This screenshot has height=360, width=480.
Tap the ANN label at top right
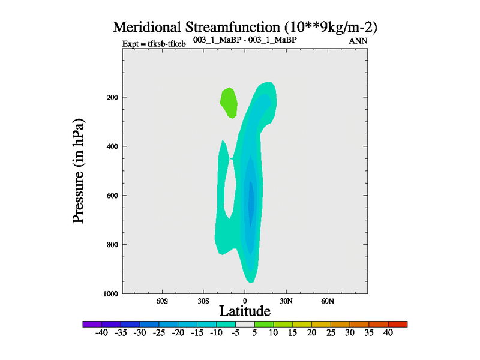(x=358, y=41)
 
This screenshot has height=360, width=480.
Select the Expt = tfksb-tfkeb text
(x=154, y=44)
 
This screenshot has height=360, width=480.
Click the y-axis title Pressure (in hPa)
(x=79, y=172)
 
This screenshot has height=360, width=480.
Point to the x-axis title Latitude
(x=245, y=311)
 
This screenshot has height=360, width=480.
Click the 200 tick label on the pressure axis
(x=112, y=97)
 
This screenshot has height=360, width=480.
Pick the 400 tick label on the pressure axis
(x=112, y=146)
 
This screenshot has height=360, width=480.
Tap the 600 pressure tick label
(x=112, y=196)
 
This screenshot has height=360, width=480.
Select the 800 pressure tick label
(x=112, y=245)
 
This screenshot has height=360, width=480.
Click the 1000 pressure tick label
(x=110, y=293)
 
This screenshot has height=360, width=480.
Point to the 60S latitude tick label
(x=162, y=301)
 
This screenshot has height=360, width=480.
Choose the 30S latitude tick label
(x=203, y=301)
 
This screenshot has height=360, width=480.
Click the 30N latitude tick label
(x=286, y=301)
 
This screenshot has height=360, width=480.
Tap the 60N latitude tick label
(x=328, y=301)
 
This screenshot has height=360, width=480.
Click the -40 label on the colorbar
(x=101, y=333)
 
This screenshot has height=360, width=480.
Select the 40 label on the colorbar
(x=388, y=333)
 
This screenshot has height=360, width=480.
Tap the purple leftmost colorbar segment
(x=92, y=324)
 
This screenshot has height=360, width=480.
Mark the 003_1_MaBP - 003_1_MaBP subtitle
(x=245, y=40)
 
